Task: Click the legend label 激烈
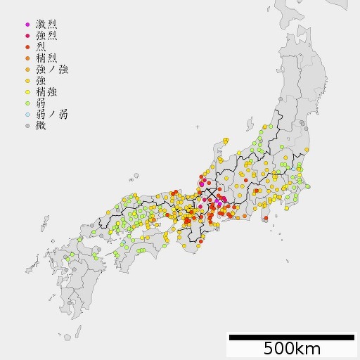46,24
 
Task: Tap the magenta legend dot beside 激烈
27,24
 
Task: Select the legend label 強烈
46,35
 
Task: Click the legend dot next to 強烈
27,35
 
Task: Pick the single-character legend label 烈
41,46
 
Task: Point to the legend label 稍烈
46,58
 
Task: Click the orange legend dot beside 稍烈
27,58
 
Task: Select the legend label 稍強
46,91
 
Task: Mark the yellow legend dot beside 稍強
27,91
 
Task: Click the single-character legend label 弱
41,103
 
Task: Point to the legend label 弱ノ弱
52,114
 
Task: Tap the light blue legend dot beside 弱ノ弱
27,114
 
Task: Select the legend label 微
41,125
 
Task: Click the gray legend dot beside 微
27,125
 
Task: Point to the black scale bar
292,337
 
